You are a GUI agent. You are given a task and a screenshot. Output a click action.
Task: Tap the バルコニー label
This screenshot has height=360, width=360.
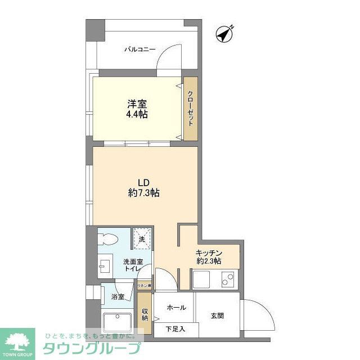[139, 49]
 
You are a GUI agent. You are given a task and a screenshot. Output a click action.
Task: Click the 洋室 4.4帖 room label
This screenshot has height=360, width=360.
[137, 109]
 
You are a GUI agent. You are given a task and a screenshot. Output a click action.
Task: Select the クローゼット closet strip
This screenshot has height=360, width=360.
[191, 108]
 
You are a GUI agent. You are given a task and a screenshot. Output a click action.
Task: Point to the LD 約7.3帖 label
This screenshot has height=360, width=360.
[143, 187]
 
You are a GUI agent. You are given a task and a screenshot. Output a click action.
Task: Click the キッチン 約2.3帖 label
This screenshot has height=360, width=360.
[209, 256]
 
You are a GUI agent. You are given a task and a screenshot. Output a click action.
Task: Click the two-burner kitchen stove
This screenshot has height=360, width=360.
[228, 278]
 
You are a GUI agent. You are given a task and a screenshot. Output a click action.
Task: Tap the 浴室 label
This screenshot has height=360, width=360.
[117, 296]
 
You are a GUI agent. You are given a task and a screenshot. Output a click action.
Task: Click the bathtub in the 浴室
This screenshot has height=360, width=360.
[118, 322]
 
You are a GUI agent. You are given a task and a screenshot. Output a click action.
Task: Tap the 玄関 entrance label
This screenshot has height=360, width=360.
[217, 316]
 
